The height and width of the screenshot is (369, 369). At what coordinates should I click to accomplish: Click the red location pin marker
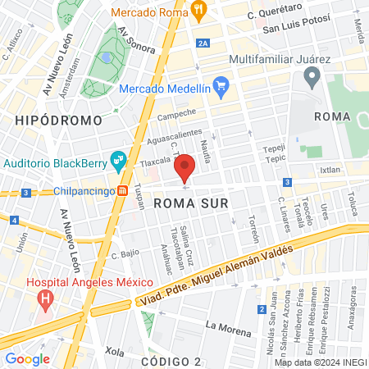pyautogui.click(x=185, y=166)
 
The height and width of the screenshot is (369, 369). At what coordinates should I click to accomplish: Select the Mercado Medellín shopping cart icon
pyautogui.click(x=221, y=85)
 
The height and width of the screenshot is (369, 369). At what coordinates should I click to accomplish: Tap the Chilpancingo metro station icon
pyautogui.click(x=122, y=191)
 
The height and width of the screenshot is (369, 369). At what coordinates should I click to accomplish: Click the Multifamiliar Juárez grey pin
pyautogui.click(x=312, y=78)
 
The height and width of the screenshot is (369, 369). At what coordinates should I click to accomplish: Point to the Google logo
pyautogui.click(x=27, y=358)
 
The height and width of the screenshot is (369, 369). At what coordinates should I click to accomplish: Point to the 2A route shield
pyautogui.click(x=204, y=43)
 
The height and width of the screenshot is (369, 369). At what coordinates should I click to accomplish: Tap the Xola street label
pyautogui.click(x=114, y=353)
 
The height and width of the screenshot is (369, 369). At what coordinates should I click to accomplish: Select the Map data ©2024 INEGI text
pyautogui.click(x=319, y=362)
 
